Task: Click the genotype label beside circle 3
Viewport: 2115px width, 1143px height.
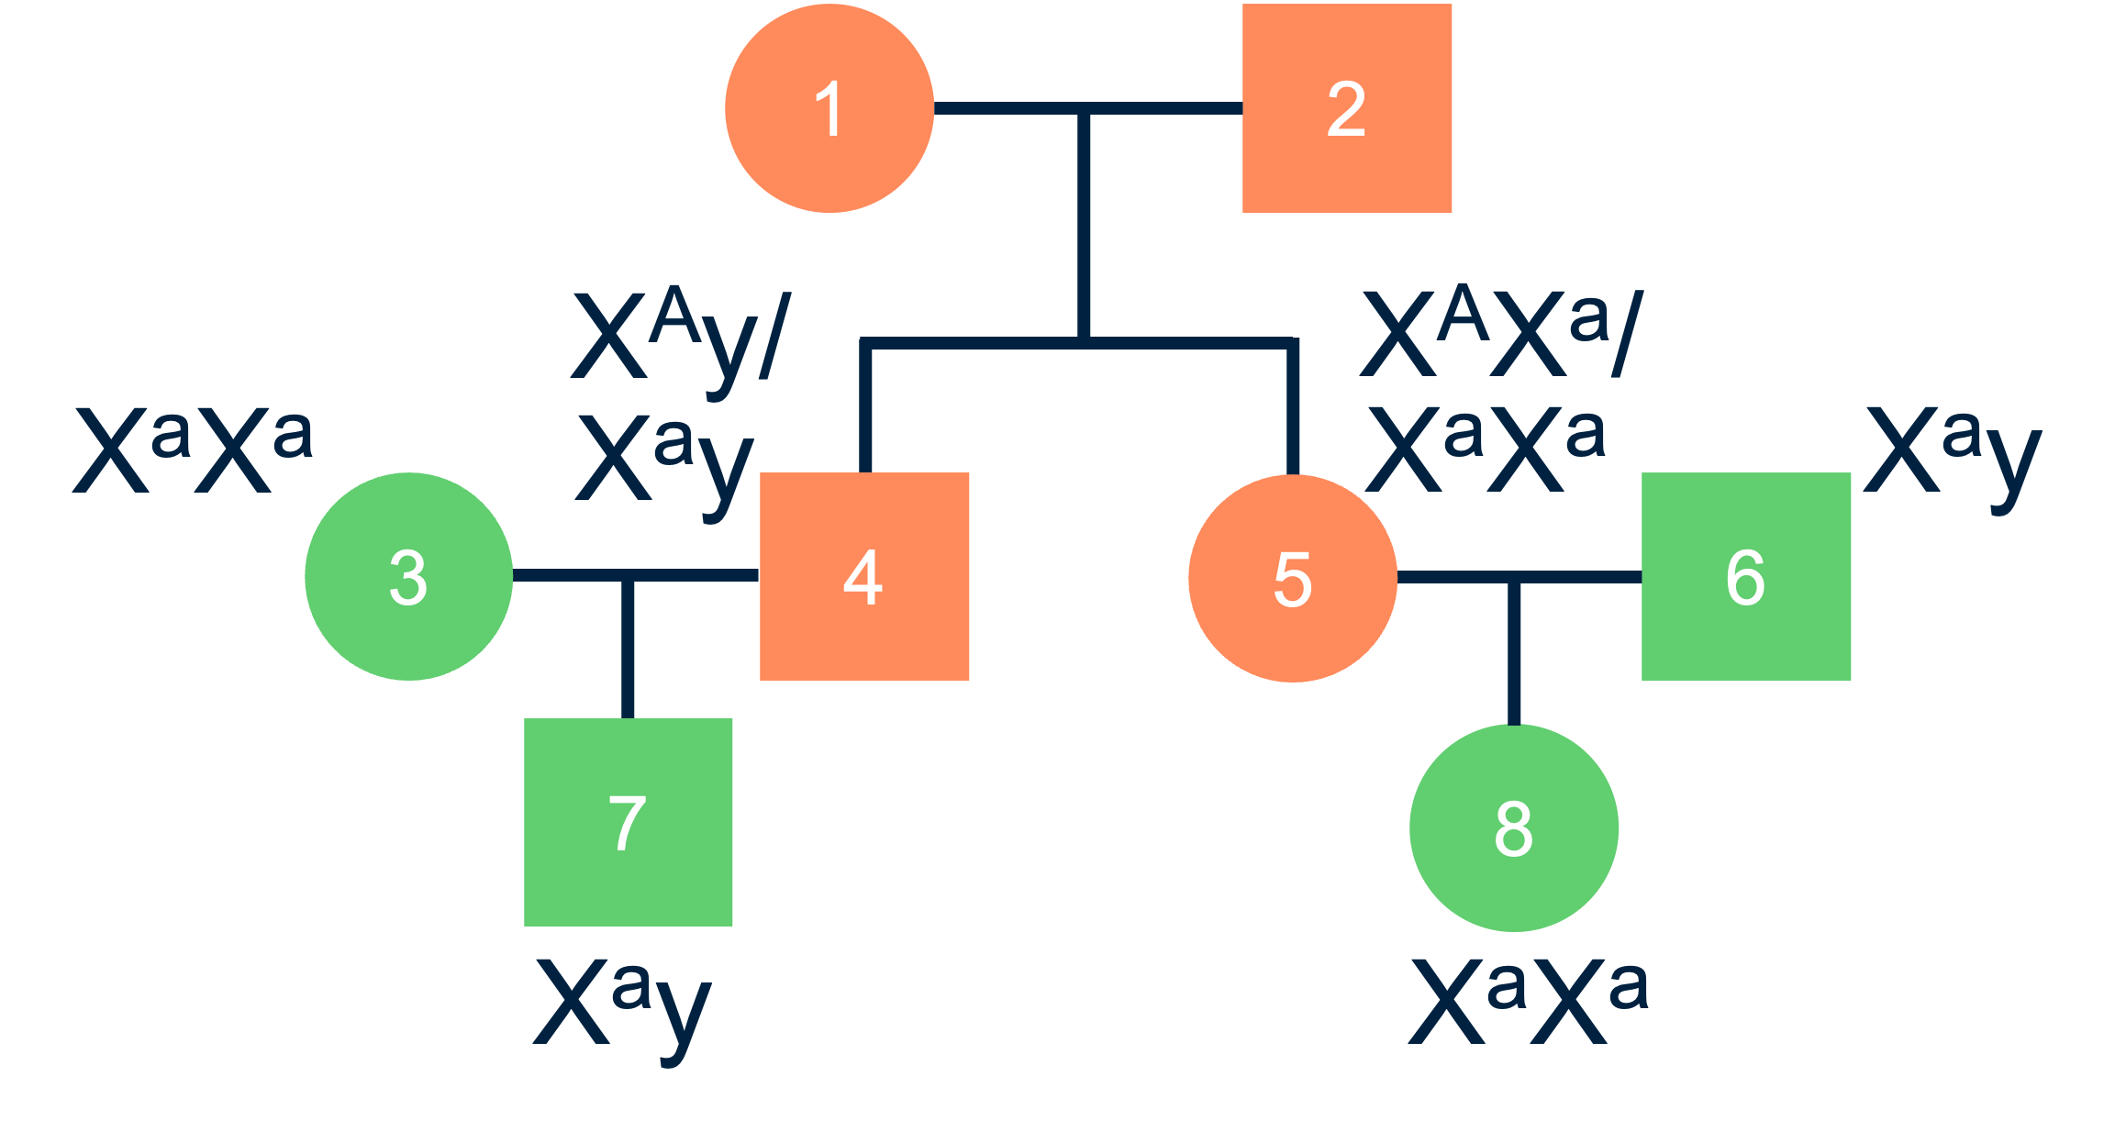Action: click(x=194, y=449)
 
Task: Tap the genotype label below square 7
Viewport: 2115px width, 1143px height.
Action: click(x=623, y=1004)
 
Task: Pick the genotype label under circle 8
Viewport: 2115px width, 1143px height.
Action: click(x=1529, y=1000)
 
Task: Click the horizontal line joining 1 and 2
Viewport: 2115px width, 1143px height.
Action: click(x=1009, y=108)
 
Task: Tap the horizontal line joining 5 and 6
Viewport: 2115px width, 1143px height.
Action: click(x=1578, y=577)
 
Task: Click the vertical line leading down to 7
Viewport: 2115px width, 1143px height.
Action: click(x=628, y=651)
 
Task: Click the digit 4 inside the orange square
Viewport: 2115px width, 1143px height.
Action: click(x=863, y=578)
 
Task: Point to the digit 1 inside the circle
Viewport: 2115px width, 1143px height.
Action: click(x=829, y=108)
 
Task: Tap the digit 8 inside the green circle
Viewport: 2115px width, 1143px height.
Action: click(x=1514, y=828)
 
